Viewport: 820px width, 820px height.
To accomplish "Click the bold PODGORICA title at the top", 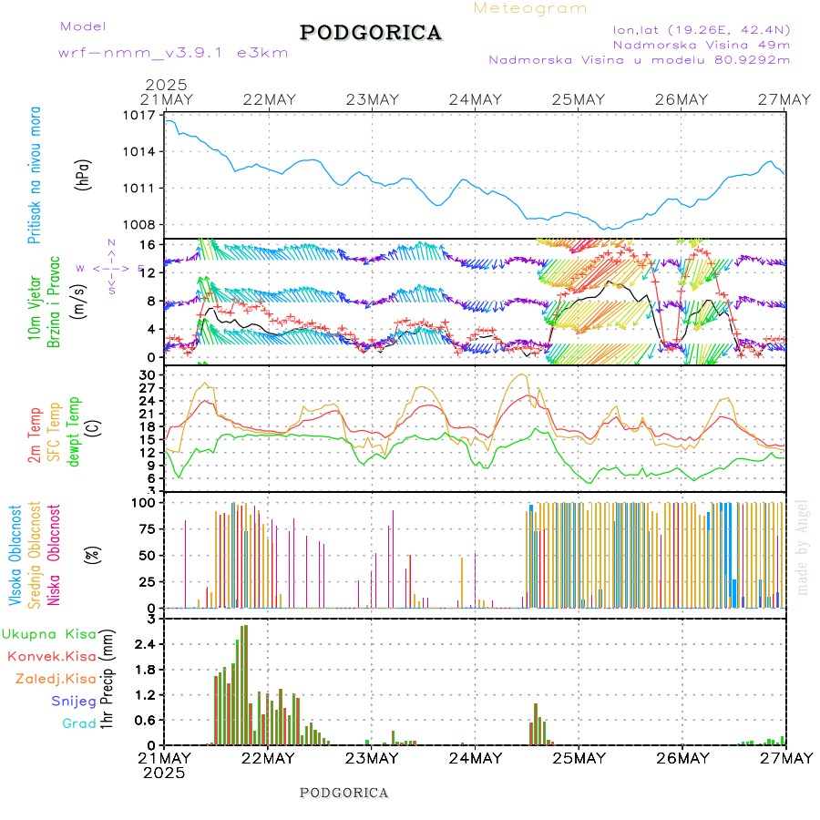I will pyautogui.click(x=371, y=33).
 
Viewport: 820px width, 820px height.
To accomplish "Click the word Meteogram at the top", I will pyautogui.click(x=530, y=8).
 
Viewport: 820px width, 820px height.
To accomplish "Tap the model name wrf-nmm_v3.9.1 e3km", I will pyautogui.click(x=173, y=53).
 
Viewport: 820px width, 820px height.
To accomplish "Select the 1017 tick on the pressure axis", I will pyautogui.click(x=140, y=116).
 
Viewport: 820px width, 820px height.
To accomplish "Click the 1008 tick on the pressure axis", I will pyautogui.click(x=140, y=225).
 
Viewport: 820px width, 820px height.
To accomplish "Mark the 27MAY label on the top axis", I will pyautogui.click(x=785, y=99).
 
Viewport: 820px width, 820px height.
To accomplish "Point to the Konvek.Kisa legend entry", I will pyautogui.click(x=51, y=656).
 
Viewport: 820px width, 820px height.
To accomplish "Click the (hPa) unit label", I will pyautogui.click(x=83, y=173).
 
